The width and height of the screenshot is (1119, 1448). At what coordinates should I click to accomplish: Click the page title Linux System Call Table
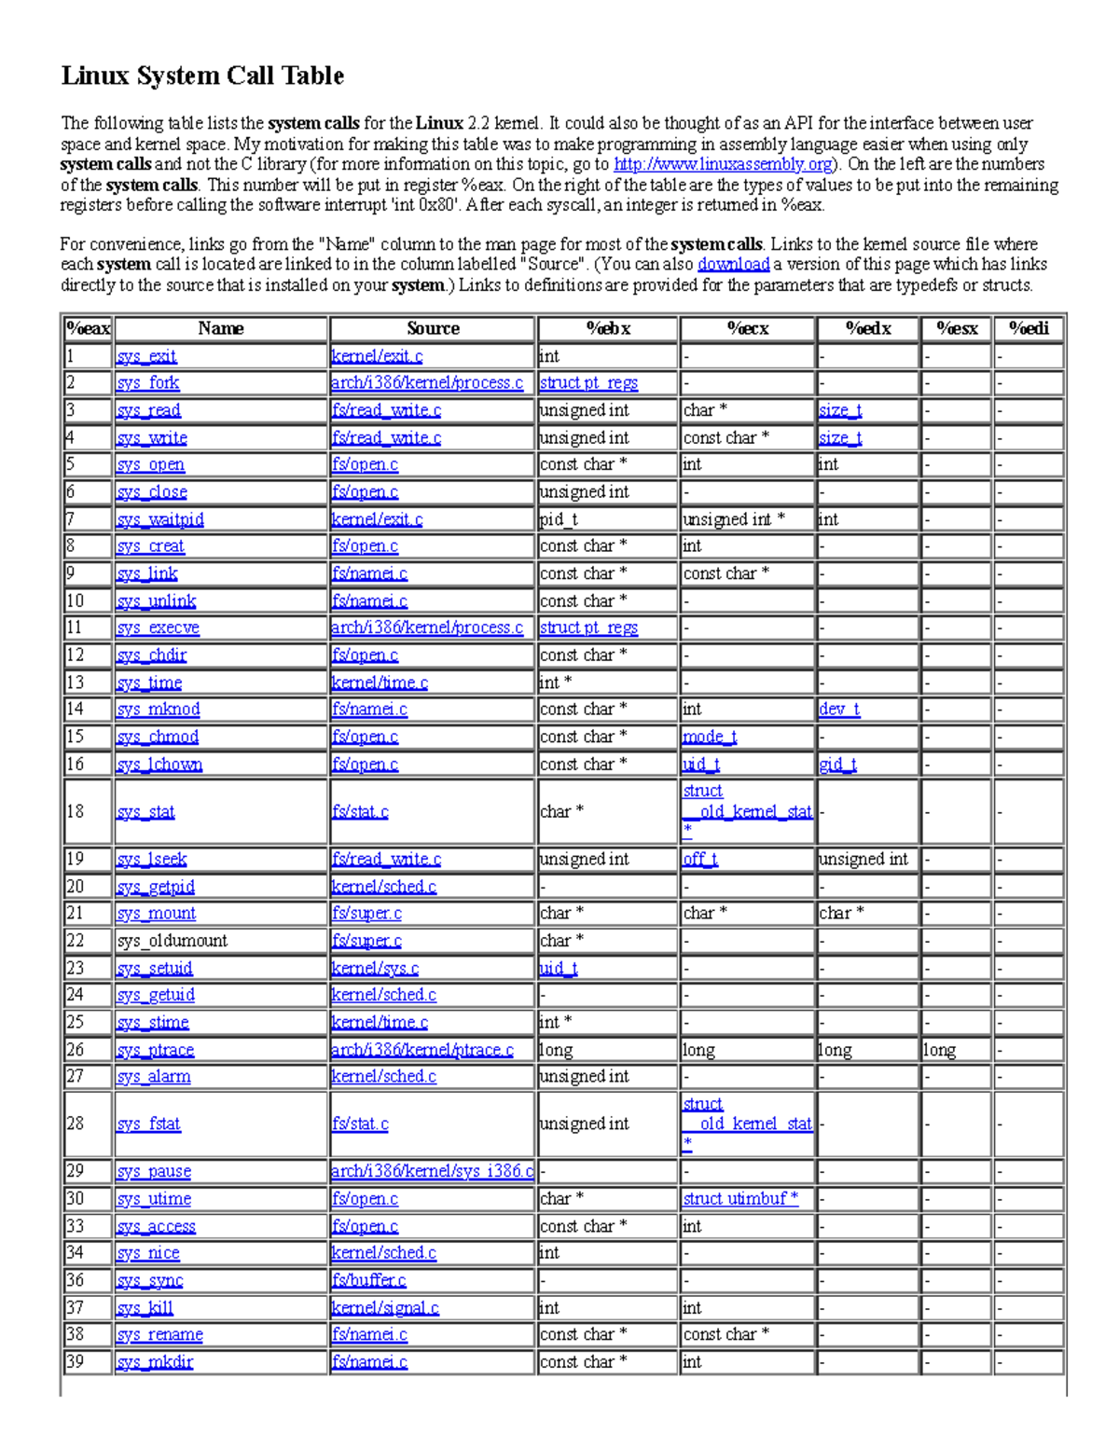tap(202, 76)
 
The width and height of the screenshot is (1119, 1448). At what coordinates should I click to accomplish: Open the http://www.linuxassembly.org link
tap(723, 164)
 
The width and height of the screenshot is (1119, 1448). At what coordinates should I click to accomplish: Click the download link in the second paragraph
tap(733, 265)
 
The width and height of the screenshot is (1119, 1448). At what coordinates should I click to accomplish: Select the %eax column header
tap(88, 328)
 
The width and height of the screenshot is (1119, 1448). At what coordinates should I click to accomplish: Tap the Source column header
tap(433, 328)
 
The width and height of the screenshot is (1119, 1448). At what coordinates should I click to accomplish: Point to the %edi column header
tap(1029, 328)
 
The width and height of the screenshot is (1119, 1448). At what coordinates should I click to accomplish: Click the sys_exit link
tap(146, 356)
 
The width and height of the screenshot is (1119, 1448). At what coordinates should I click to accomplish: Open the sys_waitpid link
tap(160, 519)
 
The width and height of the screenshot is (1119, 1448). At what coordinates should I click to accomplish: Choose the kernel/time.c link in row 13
tap(380, 683)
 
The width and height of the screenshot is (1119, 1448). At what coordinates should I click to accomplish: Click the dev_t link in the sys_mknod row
tap(839, 710)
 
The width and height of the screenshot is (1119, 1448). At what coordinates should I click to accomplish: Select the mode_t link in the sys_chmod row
tap(710, 737)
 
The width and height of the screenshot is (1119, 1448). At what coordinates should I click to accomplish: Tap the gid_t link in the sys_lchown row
tap(837, 765)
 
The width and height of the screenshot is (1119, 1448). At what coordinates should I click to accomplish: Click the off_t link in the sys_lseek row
tap(700, 859)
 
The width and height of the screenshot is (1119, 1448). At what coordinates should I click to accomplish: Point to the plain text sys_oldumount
tap(173, 941)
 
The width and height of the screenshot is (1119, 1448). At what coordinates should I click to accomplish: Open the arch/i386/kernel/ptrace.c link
tap(422, 1050)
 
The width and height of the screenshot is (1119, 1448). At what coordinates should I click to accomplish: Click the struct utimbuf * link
tap(740, 1199)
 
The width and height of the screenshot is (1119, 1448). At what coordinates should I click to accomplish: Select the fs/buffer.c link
tap(369, 1281)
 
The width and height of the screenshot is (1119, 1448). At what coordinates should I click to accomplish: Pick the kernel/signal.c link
tap(385, 1308)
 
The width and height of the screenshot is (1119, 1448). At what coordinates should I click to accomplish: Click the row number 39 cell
tap(76, 1362)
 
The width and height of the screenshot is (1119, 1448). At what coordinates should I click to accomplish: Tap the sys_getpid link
tap(156, 887)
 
